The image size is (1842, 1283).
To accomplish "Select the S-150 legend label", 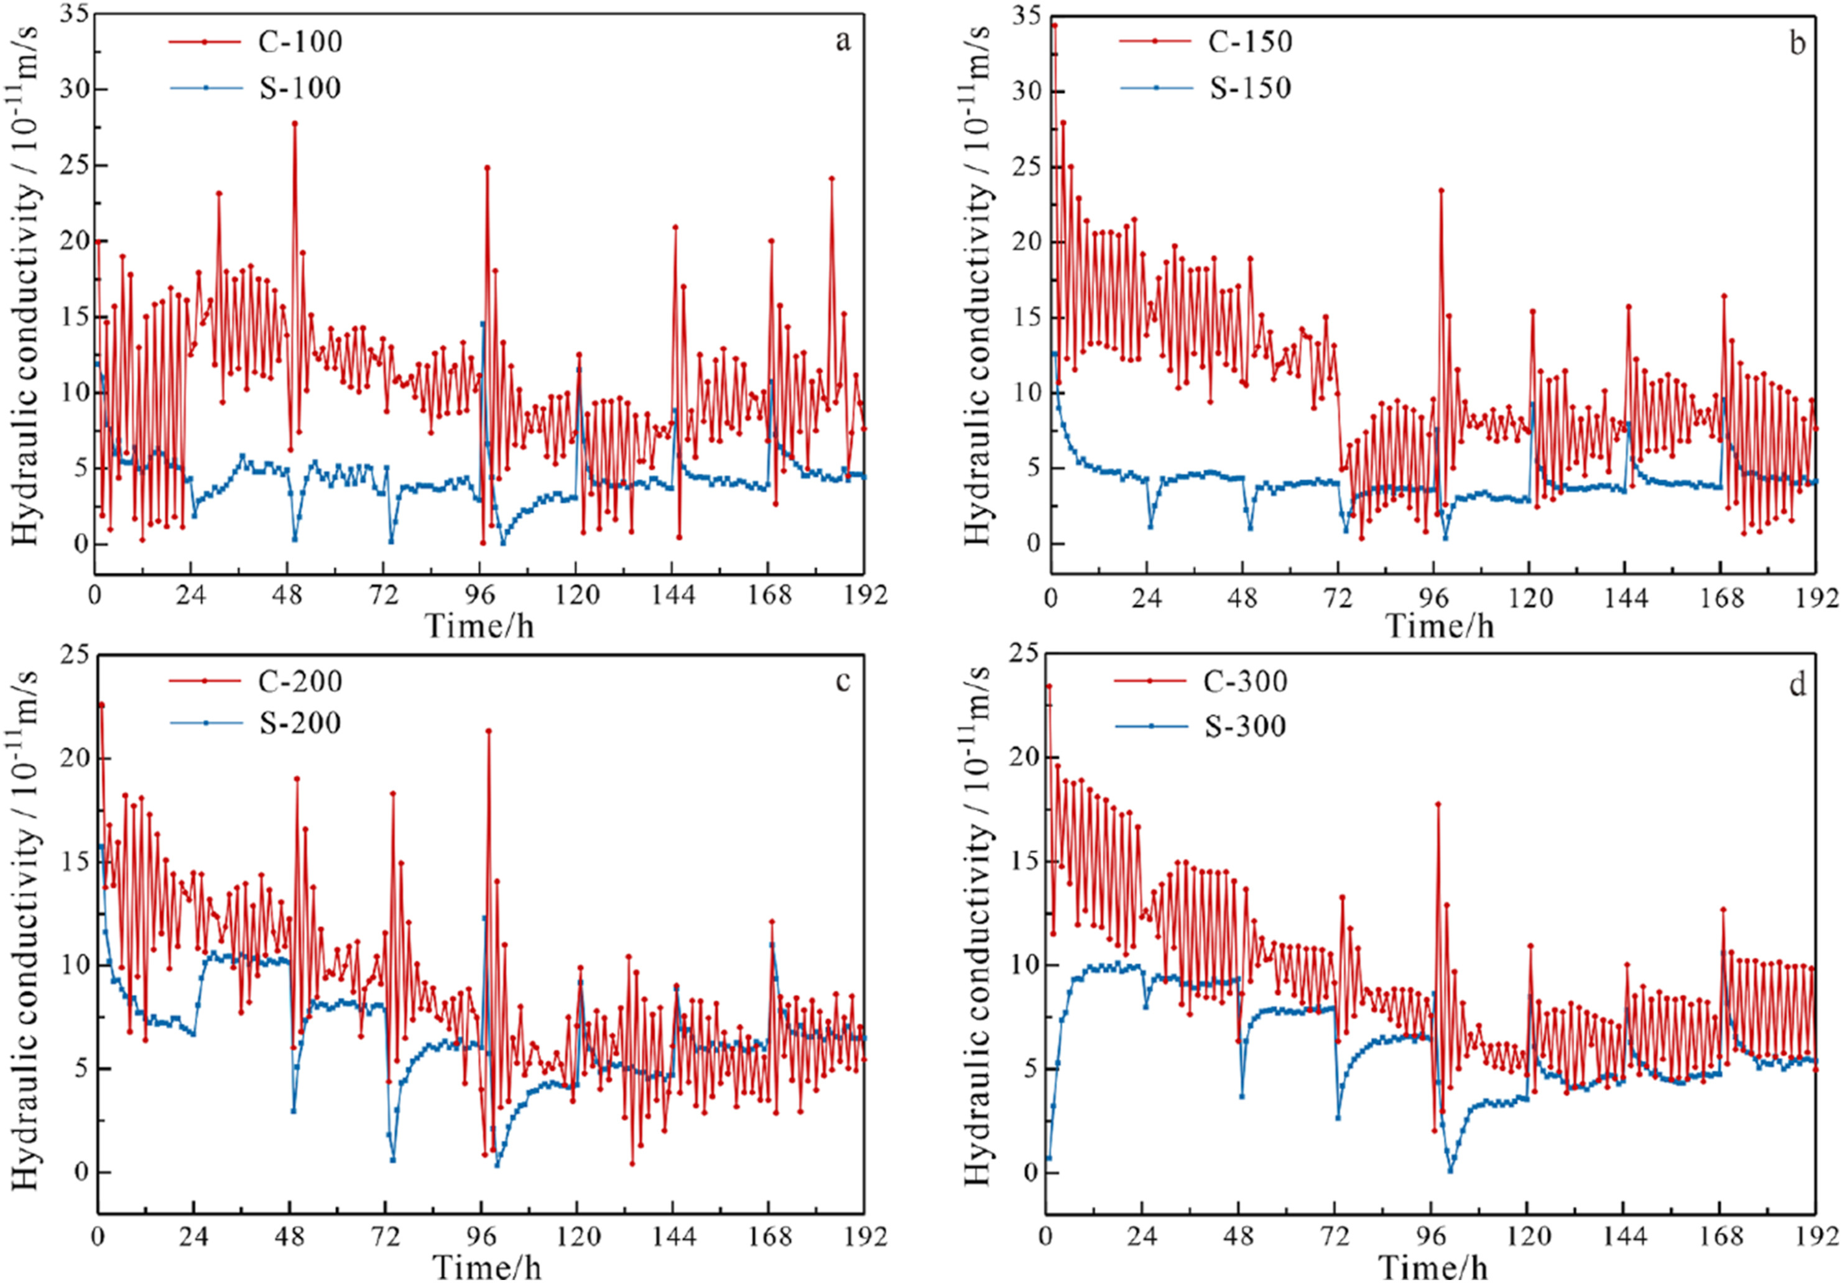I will [1250, 88].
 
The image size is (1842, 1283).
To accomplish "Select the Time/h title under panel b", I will [1441, 625].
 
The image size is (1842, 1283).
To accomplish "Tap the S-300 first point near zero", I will [1048, 1159].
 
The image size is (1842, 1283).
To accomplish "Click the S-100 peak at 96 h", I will [482, 324].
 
